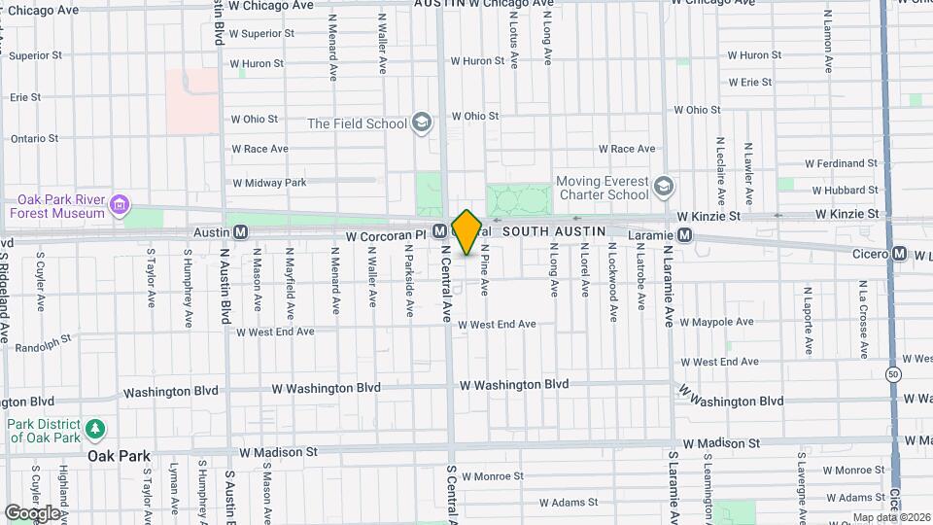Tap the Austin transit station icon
(x=240, y=232)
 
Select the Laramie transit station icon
(x=685, y=235)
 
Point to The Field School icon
(x=421, y=122)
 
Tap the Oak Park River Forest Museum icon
(x=119, y=205)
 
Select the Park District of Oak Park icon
(x=94, y=429)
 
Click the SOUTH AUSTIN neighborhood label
(x=555, y=229)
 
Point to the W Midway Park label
(x=269, y=182)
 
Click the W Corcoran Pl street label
(x=385, y=235)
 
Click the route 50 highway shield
(x=892, y=374)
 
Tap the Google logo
(x=32, y=512)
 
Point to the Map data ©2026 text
(x=891, y=517)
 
